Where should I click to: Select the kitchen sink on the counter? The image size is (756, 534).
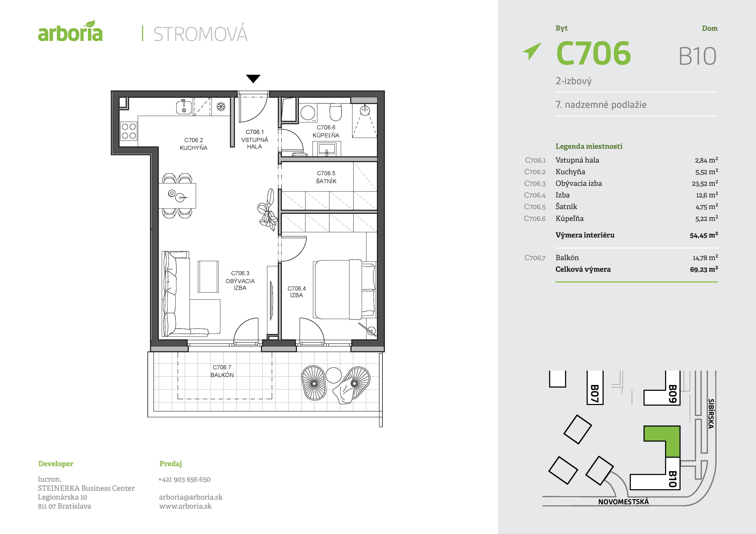pos(184,107)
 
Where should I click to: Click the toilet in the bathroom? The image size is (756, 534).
pos(336,112)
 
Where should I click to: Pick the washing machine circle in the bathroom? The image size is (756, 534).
pos(308,113)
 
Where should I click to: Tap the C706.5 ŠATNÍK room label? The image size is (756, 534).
pos(326,177)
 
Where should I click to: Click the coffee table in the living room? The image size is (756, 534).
pos(208,276)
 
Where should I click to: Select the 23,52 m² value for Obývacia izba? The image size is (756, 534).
pos(705,183)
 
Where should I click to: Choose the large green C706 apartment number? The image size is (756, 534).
pos(593,53)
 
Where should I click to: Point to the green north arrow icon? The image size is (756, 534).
pos(532,51)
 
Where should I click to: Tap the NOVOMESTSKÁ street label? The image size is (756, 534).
pos(623,502)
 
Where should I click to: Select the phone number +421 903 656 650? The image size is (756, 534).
pos(184,479)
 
